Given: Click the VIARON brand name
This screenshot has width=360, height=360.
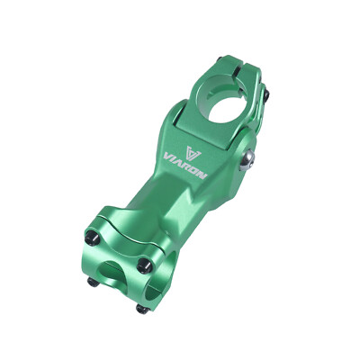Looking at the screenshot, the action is pos(184,166).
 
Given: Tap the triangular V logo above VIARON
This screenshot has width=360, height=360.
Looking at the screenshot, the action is pos(193,152).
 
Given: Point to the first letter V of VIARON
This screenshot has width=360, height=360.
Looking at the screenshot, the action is pos(167,157).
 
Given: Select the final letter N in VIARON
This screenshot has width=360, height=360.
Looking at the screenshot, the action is pos(202,175).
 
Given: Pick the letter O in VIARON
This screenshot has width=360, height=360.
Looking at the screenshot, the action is pos(195,172).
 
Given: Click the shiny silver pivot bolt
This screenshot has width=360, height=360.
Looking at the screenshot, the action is pos(247,160).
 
